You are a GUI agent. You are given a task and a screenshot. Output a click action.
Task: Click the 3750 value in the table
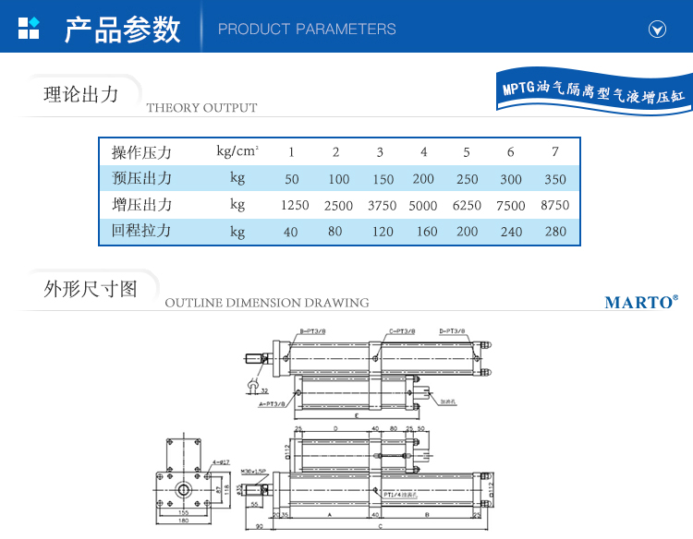380,206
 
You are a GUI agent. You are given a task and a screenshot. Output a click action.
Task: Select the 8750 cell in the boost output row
554,206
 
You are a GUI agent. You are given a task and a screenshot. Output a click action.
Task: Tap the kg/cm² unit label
237,150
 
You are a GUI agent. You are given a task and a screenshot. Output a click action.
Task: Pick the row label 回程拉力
141,231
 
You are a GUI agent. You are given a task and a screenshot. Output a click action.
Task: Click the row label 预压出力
141,178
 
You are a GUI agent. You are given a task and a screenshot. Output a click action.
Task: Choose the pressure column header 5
467,152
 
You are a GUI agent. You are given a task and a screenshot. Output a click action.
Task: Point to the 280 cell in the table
554,232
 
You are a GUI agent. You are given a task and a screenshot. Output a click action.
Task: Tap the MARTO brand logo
641,302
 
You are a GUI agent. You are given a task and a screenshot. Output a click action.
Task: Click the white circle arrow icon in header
658,30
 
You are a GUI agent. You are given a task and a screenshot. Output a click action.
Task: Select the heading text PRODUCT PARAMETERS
307,30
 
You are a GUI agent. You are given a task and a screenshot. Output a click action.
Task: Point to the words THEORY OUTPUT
201,108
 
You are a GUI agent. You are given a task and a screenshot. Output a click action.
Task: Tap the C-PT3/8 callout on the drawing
401,330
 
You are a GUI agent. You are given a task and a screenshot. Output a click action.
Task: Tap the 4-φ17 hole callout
220,461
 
